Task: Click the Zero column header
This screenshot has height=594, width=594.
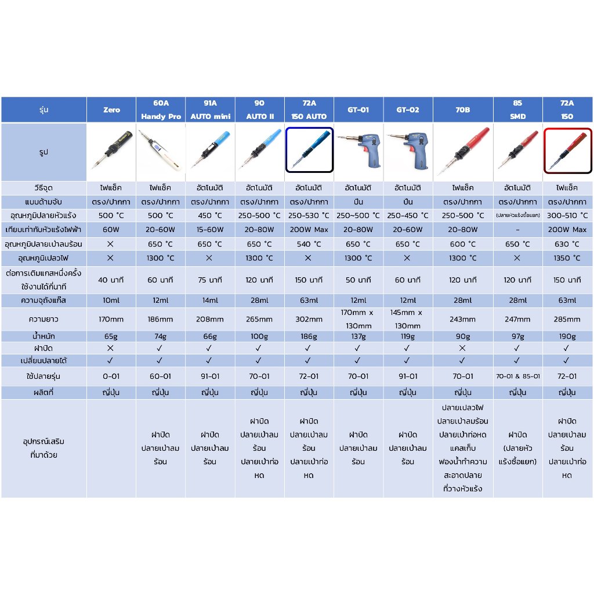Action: [x=111, y=110]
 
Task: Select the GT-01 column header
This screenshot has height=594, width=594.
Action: [x=358, y=110]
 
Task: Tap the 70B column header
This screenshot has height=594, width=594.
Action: [x=462, y=110]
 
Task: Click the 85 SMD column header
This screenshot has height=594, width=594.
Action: [x=517, y=110]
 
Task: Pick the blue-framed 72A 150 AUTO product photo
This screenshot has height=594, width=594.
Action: [x=309, y=150]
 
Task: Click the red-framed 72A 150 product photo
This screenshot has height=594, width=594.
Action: [x=567, y=150]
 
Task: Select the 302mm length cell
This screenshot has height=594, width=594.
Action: [x=309, y=319]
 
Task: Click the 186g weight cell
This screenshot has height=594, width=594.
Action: [x=309, y=336]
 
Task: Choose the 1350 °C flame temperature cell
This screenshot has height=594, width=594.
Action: [x=567, y=258]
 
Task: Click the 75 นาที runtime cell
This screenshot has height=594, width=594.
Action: [x=210, y=280]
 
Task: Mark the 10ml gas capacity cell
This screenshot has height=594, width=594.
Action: [x=111, y=300]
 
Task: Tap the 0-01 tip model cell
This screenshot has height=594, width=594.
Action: [x=111, y=376]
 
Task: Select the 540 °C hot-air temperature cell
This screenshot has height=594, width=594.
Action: [x=309, y=244]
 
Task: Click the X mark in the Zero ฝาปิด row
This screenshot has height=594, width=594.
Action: [x=111, y=348]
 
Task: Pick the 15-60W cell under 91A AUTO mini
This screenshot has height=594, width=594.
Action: [x=210, y=230]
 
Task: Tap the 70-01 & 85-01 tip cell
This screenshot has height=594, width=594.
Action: [x=517, y=376]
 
